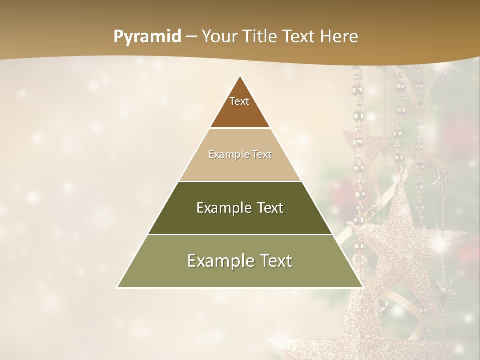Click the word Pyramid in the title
[147, 37]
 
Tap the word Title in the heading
[262, 37]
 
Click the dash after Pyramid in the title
[191, 37]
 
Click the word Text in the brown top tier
[239, 101]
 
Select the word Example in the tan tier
[227, 155]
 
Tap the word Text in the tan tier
[260, 155]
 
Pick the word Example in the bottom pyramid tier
[218, 261]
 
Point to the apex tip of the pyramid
[240, 76]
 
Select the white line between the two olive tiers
[240, 234]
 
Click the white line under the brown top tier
[240, 128]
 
